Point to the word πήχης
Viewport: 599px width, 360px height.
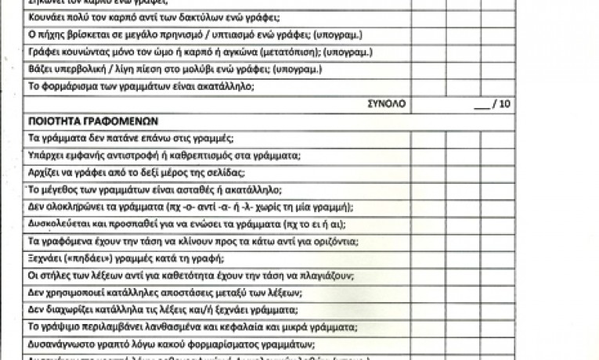tap(52, 34)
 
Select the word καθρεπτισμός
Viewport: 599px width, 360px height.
tap(193, 155)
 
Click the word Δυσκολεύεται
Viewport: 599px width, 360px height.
tap(60, 224)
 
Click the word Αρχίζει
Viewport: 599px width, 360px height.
tap(45, 172)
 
